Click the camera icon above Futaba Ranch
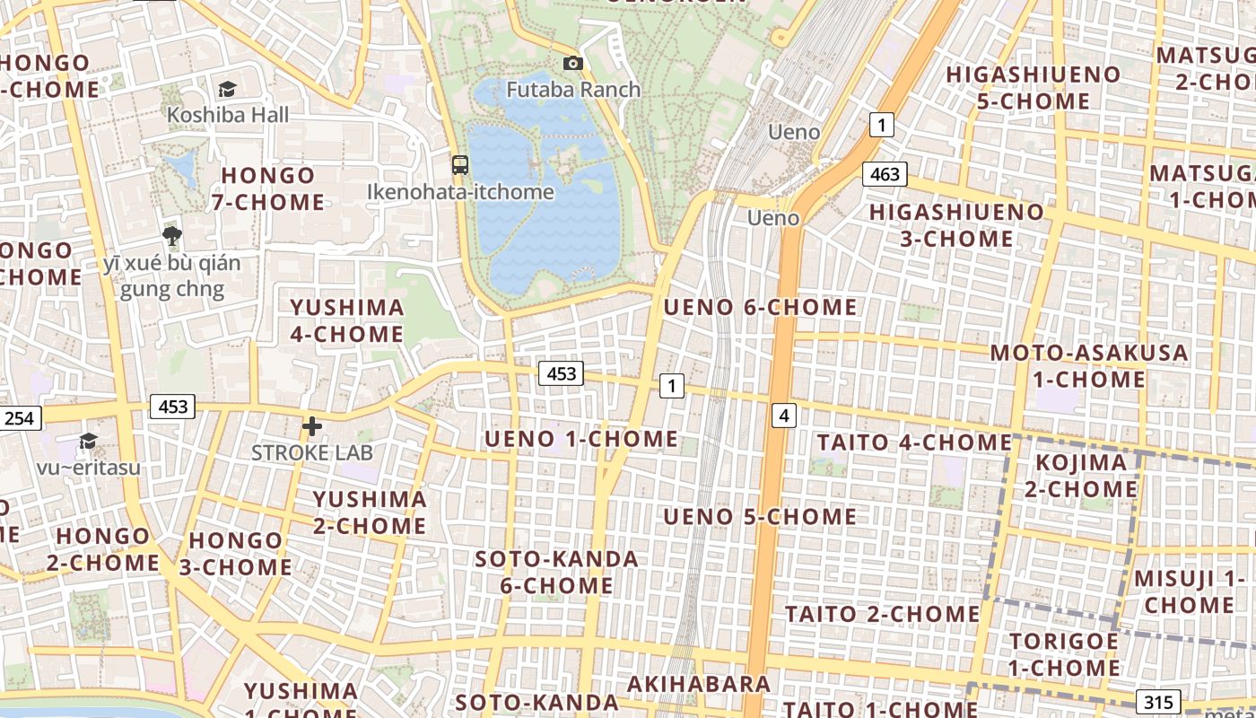572,63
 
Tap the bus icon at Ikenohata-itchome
460,164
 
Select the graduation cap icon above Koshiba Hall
227,88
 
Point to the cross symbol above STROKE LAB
311,426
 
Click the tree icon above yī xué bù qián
172,236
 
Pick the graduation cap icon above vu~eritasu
88,441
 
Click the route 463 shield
885,174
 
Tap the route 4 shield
784,415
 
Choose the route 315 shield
1158,702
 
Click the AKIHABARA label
698,684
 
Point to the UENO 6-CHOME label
760,307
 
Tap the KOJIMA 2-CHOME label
1081,476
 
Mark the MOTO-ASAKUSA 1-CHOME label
1089,366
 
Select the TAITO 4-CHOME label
914,442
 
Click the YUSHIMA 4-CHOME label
346,320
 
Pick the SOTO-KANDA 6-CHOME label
556,573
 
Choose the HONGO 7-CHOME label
268,188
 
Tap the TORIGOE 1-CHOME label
1064,654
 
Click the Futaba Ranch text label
573,90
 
